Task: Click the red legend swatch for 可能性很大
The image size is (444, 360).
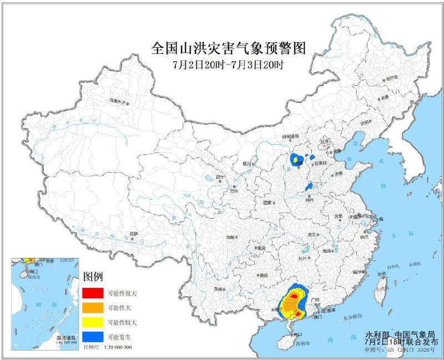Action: (x=92, y=292)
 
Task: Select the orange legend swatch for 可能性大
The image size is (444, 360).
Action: (x=92, y=307)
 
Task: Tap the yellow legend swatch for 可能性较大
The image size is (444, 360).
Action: (x=92, y=322)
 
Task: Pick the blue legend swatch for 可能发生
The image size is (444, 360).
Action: (x=92, y=337)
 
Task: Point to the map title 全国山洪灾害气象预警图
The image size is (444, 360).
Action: (x=228, y=48)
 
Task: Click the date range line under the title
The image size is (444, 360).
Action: (x=228, y=64)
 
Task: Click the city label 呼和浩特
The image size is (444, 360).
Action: (x=290, y=136)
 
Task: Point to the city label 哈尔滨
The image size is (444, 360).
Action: (x=392, y=78)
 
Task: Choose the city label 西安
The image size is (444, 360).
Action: (x=269, y=202)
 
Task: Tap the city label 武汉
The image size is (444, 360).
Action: (x=315, y=234)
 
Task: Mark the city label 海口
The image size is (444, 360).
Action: (x=298, y=334)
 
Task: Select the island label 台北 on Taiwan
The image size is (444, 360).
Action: (x=382, y=274)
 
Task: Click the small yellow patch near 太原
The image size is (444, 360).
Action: (x=296, y=160)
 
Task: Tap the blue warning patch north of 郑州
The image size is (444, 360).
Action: (x=310, y=186)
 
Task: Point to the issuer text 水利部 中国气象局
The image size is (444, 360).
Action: (x=403, y=334)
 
